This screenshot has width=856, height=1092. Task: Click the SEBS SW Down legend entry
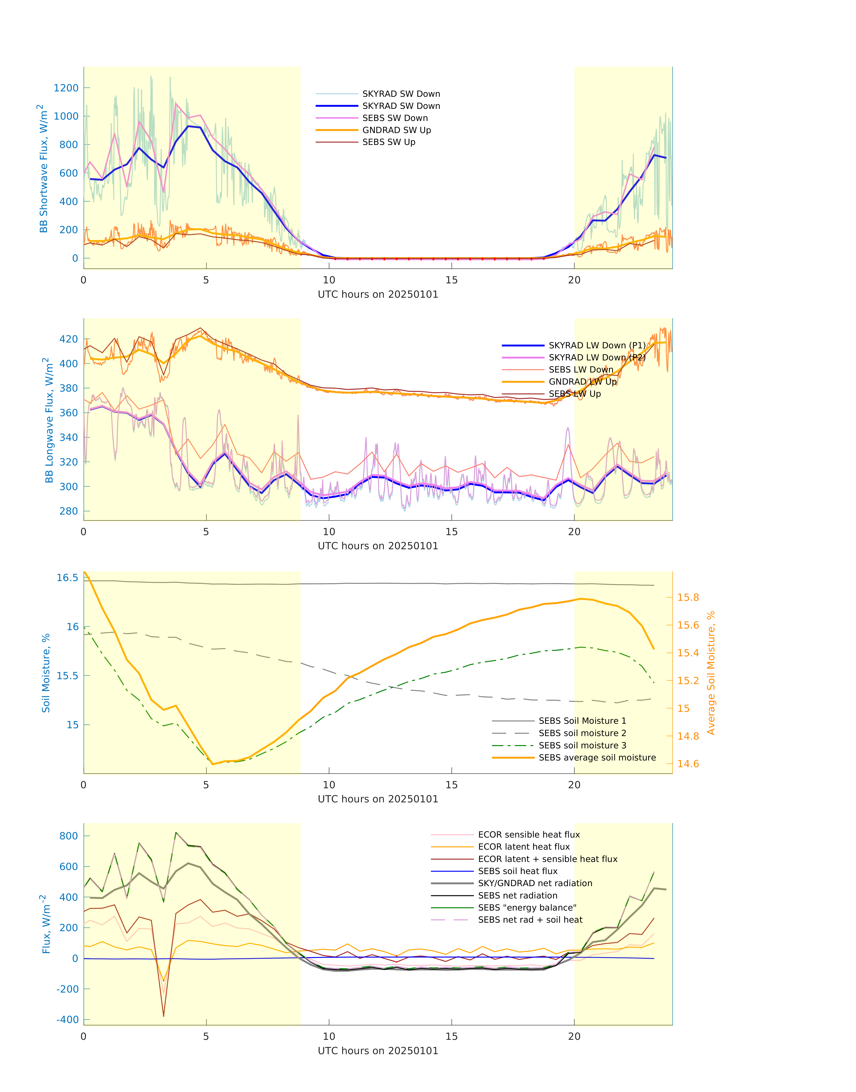click(395, 118)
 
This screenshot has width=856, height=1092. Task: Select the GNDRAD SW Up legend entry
click(396, 130)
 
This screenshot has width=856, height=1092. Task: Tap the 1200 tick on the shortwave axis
click(66, 88)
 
